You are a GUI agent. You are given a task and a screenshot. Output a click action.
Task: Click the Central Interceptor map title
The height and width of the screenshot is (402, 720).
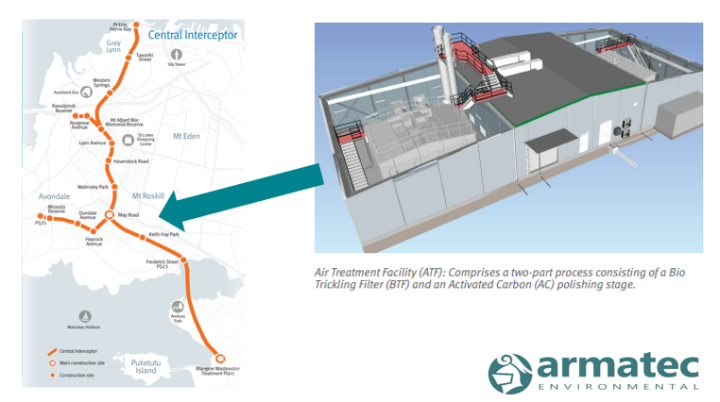(193, 35)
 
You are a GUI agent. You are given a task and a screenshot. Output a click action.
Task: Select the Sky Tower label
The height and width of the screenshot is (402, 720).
(176, 65)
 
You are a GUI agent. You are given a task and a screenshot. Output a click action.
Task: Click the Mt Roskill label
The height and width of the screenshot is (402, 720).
(148, 195)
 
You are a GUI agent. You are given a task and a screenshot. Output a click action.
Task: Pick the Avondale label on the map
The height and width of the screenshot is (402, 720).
(56, 196)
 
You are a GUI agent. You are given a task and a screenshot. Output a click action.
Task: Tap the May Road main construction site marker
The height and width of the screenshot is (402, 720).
(109, 215)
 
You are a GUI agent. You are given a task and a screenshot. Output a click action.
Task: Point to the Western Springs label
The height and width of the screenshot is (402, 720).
(108, 83)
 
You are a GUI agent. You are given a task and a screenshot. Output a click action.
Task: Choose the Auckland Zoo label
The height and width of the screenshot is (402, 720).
(66, 92)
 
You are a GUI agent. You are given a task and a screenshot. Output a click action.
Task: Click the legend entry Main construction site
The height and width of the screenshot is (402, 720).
(83, 361)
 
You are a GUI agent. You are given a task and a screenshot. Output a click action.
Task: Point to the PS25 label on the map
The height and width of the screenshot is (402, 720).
(42, 224)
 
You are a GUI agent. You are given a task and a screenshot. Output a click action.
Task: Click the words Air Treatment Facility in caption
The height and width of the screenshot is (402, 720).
(360, 271)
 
